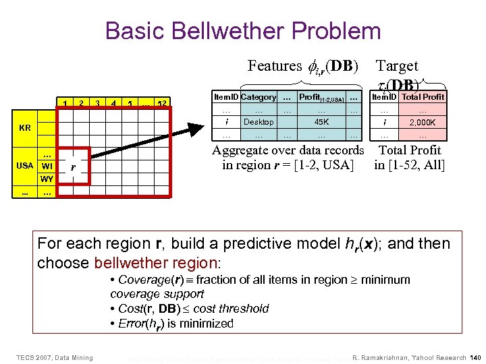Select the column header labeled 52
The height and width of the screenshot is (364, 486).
161,103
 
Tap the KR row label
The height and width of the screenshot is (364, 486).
24,127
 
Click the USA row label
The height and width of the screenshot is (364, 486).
25,165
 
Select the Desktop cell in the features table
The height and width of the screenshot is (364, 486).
259,122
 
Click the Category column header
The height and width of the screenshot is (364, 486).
259,97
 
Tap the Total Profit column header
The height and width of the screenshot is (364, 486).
423,97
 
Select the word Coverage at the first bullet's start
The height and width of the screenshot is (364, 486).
138,280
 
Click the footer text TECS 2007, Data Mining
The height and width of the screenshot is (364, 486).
55,357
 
